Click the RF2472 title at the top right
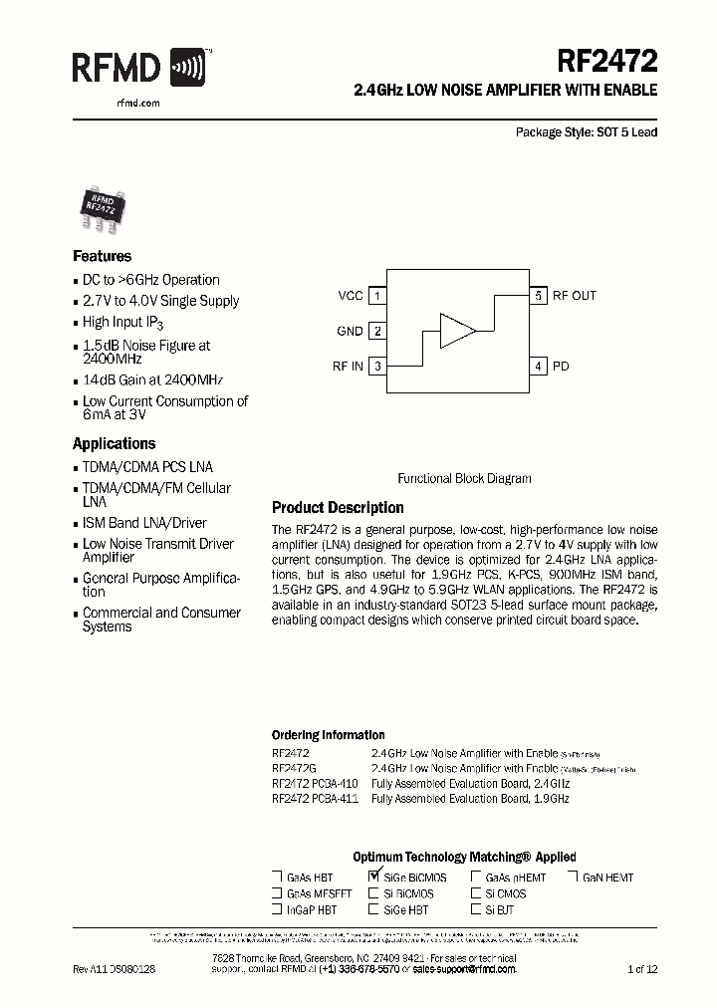[x=606, y=63]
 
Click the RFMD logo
[x=138, y=68]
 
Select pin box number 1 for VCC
[x=377, y=296]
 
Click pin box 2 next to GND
[x=377, y=331]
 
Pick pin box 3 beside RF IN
[x=377, y=366]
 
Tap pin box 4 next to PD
[x=538, y=366]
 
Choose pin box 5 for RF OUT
[x=538, y=296]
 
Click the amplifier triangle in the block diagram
[x=457, y=331]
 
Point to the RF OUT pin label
[x=575, y=296]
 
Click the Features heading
[x=102, y=256]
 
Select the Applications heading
[x=114, y=444]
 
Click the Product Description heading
[x=338, y=508]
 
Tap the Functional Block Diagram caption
[x=464, y=478]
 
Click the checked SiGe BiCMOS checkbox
[x=374, y=877]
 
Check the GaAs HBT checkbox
[x=277, y=878]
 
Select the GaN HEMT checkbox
[x=575, y=878]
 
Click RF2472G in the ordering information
[x=294, y=769]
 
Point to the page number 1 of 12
[x=642, y=968]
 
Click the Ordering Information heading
[x=328, y=735]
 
